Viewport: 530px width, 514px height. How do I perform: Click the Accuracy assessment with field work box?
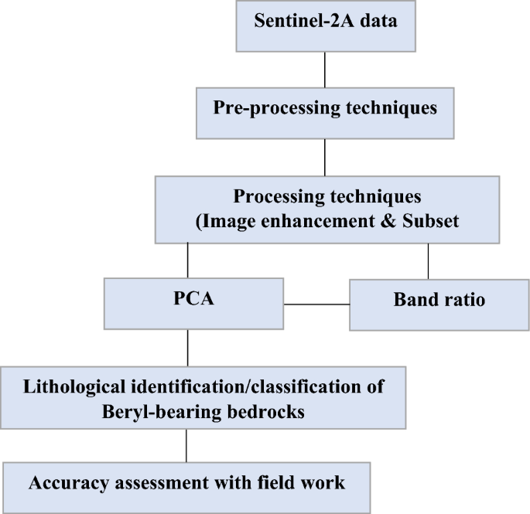point(186,484)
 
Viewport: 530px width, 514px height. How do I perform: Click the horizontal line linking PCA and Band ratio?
point(317,303)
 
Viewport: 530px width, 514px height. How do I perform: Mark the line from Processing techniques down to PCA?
point(188,261)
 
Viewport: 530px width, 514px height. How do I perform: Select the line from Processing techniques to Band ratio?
point(429,261)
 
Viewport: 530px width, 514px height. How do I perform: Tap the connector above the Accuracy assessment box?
point(186,445)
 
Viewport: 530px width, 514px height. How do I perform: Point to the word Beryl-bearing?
point(157,412)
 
